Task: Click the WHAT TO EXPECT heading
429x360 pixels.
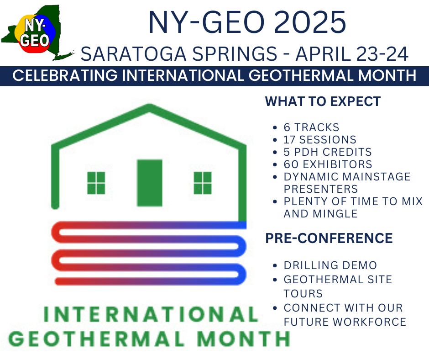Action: click(x=323, y=101)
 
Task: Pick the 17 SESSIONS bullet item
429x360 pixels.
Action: click(x=319, y=140)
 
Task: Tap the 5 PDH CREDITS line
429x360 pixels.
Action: click(x=328, y=152)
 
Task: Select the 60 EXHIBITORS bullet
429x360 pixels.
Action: click(x=328, y=164)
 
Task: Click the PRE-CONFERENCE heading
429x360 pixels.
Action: click(x=329, y=238)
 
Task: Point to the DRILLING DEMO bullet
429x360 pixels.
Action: click(x=330, y=265)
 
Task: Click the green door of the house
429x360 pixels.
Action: click(x=150, y=183)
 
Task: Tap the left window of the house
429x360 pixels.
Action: click(x=96, y=183)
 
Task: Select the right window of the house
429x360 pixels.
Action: click(x=203, y=183)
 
